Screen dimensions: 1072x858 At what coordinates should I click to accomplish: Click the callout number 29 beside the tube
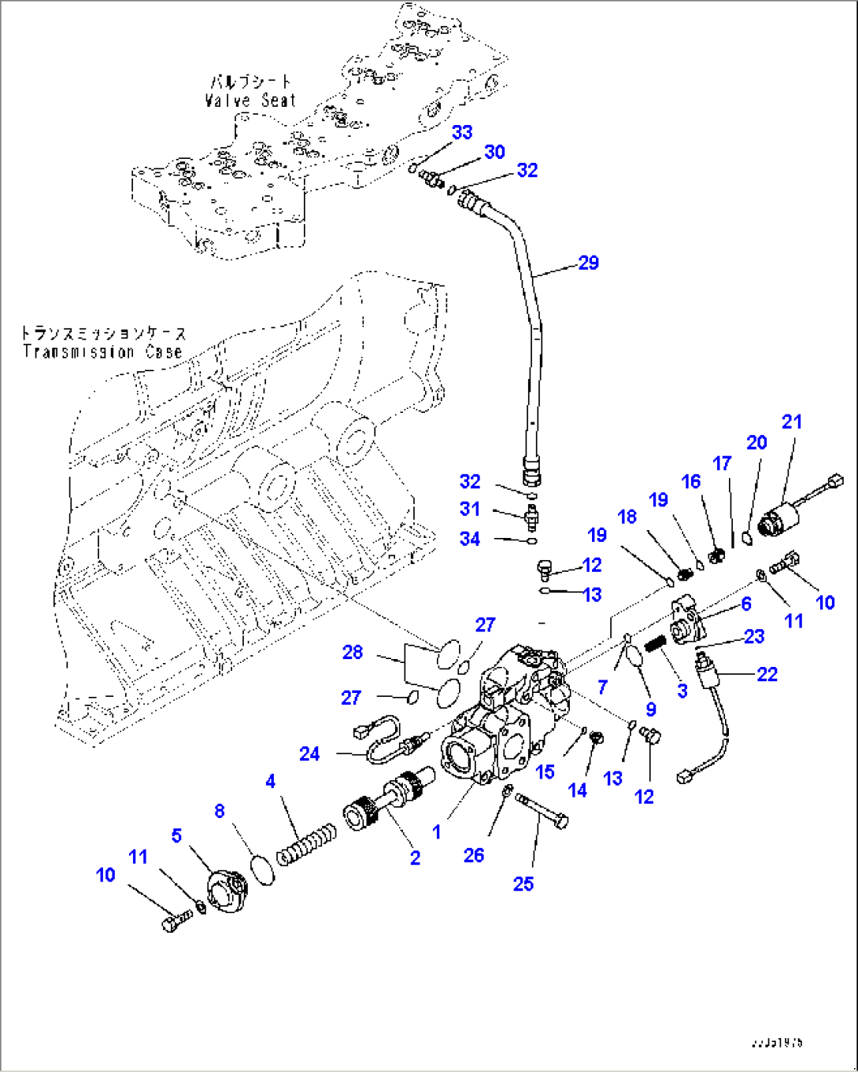click(x=589, y=263)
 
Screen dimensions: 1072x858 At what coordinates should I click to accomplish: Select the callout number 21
click(x=791, y=422)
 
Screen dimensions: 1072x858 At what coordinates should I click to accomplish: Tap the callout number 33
click(x=462, y=132)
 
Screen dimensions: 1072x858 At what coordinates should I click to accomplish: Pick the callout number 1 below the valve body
click(x=437, y=831)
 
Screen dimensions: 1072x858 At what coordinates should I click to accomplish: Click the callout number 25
click(x=523, y=883)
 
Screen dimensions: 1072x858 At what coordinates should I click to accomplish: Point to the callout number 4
click(x=271, y=781)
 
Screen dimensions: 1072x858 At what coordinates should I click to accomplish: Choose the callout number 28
click(x=353, y=651)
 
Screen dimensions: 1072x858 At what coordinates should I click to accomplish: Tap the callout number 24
click(x=309, y=753)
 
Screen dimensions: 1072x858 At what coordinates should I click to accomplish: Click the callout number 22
click(x=767, y=674)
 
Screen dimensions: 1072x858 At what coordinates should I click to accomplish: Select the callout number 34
click(x=470, y=539)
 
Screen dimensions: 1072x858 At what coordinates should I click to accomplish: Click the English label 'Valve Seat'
click(x=250, y=101)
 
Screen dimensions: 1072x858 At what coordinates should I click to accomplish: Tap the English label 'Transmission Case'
click(x=102, y=352)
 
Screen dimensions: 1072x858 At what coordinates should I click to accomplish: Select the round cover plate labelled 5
click(x=228, y=891)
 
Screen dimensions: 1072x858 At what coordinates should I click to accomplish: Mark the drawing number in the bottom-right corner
click(x=777, y=1042)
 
